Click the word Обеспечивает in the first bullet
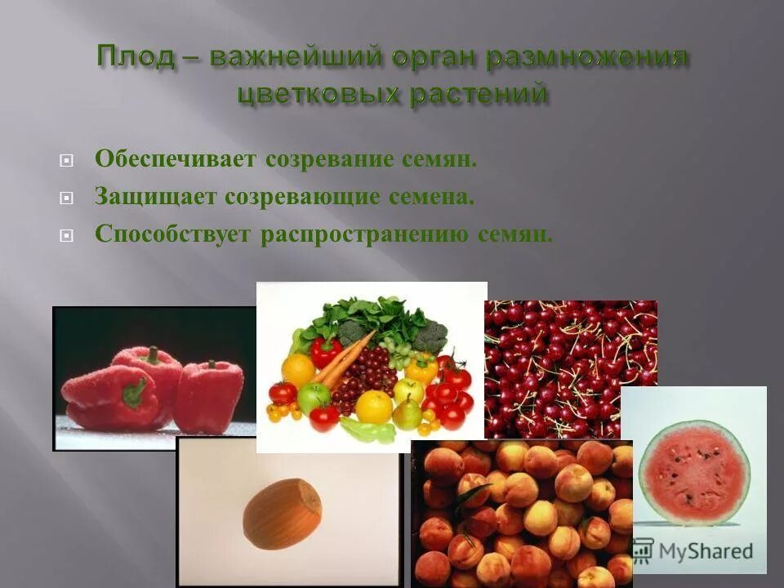[x=176, y=158]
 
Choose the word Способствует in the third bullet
[x=174, y=234]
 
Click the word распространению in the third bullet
[x=364, y=234]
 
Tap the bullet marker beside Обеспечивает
[x=67, y=160]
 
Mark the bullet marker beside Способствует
[x=67, y=236]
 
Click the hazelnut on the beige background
[x=283, y=513]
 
